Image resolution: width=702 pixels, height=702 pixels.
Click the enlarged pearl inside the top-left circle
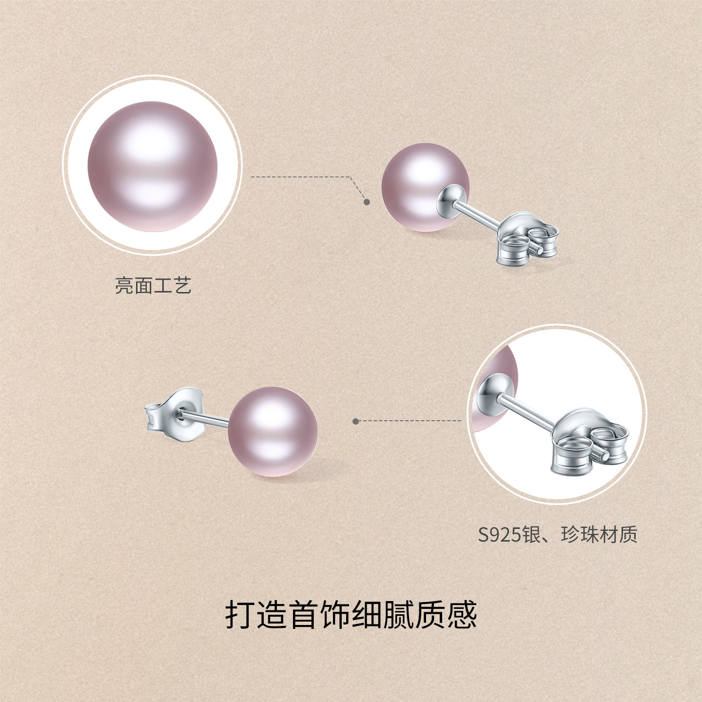click(152, 166)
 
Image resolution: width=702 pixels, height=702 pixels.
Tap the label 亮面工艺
click(153, 286)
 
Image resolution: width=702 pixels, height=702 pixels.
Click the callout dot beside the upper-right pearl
click(367, 201)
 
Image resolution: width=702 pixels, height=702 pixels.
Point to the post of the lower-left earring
click(205, 417)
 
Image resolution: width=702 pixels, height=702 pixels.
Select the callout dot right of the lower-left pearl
click(356, 421)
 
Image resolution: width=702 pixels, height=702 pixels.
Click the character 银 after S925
click(531, 534)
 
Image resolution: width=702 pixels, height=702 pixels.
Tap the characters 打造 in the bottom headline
click(255, 615)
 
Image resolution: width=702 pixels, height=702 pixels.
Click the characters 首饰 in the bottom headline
click(319, 615)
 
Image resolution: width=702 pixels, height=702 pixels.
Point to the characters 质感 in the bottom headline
click(446, 615)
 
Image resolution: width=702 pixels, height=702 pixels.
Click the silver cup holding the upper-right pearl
click(451, 197)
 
